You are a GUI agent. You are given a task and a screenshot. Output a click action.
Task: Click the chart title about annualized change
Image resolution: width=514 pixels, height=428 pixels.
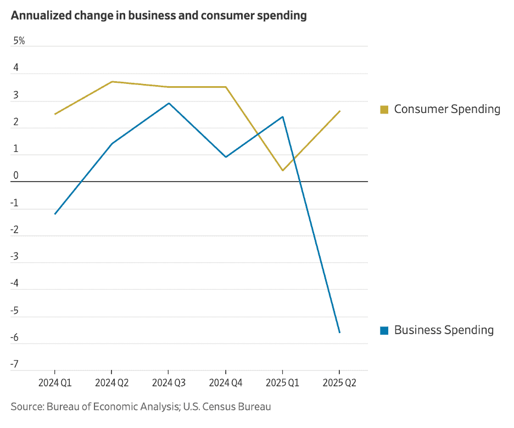159,15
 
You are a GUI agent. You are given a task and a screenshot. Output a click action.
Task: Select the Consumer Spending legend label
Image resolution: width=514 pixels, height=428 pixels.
447,109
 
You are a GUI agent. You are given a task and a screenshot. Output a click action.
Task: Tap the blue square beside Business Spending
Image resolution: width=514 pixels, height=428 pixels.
384,330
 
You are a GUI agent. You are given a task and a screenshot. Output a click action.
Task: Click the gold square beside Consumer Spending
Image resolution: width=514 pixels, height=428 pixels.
384,109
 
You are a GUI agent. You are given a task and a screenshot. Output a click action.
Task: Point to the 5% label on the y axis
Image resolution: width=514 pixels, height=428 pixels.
19,41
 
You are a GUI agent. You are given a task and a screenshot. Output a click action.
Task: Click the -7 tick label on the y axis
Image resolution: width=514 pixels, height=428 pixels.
15,364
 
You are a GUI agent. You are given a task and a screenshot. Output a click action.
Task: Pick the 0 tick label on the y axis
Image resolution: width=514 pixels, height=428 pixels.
16,176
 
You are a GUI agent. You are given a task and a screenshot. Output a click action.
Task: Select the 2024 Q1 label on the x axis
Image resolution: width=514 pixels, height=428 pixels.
55,383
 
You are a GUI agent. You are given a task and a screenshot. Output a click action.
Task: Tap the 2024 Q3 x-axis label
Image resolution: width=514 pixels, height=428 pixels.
169,383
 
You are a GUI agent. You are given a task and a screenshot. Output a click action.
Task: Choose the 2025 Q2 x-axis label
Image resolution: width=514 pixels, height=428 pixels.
339,383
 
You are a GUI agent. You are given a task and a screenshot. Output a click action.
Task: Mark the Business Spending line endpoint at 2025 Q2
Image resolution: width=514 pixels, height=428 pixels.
339,333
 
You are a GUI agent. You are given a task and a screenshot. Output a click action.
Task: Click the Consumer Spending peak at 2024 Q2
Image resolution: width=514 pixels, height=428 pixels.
112,82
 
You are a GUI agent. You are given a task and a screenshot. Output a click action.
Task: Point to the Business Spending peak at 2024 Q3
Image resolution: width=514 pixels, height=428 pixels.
169,103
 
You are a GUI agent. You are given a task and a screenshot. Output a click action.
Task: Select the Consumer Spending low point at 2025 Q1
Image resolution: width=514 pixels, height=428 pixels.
282,171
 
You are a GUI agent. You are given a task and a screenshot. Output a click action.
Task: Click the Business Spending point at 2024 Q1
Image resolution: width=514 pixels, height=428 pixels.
55,214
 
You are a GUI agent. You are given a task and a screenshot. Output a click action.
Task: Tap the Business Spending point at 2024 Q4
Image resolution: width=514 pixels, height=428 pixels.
226,157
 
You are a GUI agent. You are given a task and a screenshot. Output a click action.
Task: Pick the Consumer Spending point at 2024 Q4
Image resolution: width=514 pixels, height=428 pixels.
226,87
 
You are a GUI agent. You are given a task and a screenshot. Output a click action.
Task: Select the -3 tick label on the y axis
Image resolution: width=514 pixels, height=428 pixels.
15,256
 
